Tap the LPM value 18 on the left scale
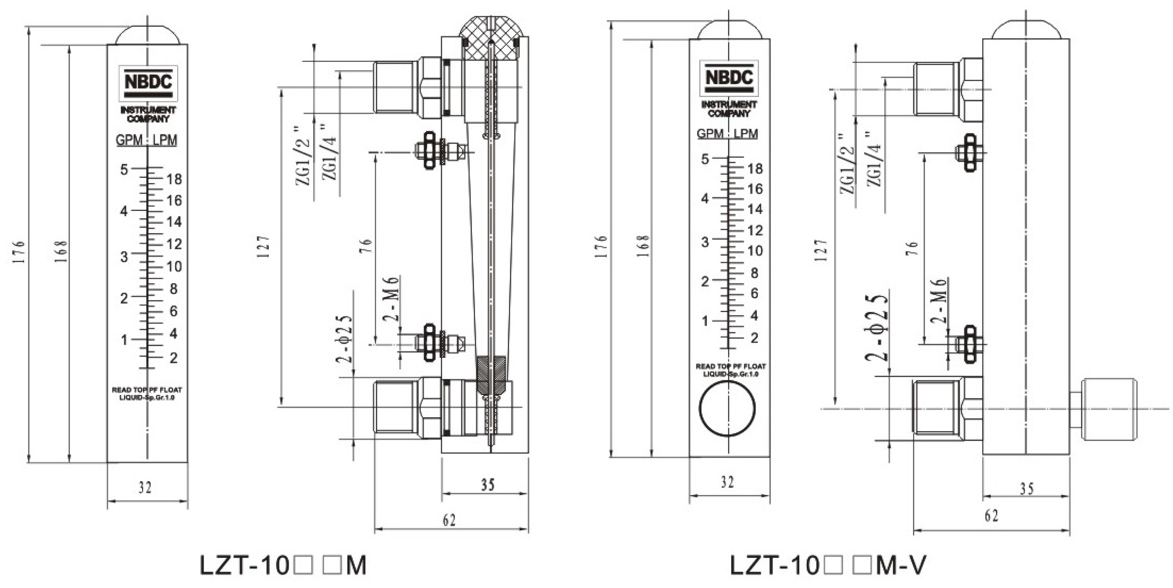coord(174,179)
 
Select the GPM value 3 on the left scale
coord(124,256)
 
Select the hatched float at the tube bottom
coord(490,374)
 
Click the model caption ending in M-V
coord(827,565)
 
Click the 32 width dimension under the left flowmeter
coord(145,488)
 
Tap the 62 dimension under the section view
coord(449,520)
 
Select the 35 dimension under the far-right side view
coord(1027,489)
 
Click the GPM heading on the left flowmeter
coord(130,140)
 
